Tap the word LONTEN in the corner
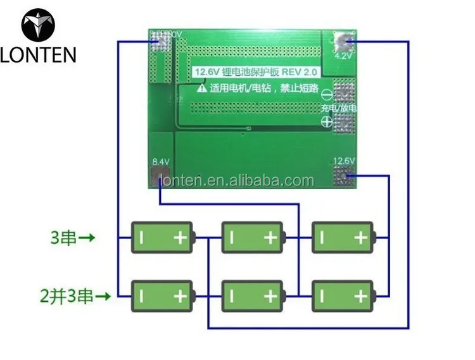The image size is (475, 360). pyautogui.click(x=38, y=55)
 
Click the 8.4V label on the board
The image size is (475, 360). pyautogui.click(x=161, y=162)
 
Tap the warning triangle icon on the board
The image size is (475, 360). pyautogui.click(x=201, y=89)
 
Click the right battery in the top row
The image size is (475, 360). pyautogui.click(x=343, y=238)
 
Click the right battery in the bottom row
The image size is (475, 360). pyautogui.click(x=343, y=295)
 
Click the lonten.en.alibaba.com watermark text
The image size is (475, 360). pyautogui.click(x=237, y=181)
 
